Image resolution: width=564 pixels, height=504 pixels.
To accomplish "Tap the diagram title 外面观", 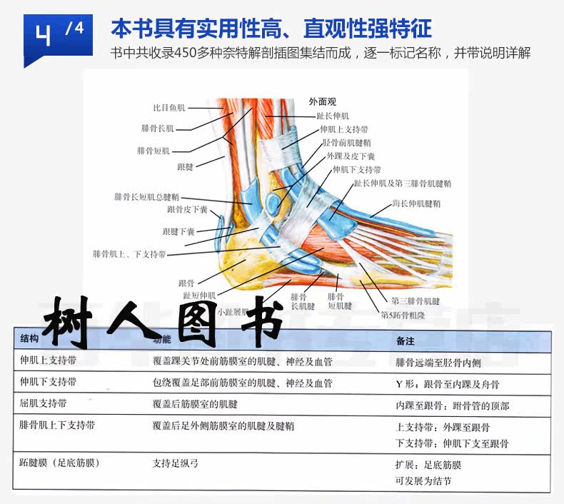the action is click(x=322, y=101).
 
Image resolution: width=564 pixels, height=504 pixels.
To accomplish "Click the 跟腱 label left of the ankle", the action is click(x=185, y=166).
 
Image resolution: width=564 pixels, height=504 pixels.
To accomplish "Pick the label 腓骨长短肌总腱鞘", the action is click(x=147, y=196).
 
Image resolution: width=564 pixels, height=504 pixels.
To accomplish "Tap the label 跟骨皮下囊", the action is click(x=187, y=210).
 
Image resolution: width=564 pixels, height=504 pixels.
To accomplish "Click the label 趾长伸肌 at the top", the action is click(x=333, y=116).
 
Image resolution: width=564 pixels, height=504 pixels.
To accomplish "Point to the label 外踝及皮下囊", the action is click(x=351, y=156).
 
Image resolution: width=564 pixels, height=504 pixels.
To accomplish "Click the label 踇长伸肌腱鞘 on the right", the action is click(x=416, y=203).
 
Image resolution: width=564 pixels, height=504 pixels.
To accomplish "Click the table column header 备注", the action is click(x=405, y=341).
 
